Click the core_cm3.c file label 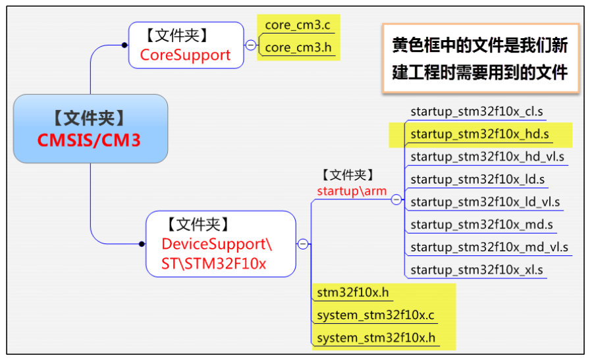click(x=296, y=25)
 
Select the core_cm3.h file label click(x=296, y=47)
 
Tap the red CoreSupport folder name click(x=185, y=55)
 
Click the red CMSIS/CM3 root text click(x=90, y=140)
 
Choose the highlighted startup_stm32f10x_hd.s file click(x=479, y=134)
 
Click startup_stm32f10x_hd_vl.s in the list click(x=487, y=157)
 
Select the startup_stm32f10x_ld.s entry click(x=477, y=179)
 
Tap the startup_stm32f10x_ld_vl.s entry click(x=485, y=201)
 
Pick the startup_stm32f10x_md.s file click(x=481, y=224)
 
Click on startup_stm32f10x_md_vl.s click(x=489, y=247)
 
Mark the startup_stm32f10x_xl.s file click(x=476, y=270)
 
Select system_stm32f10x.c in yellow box click(x=375, y=315)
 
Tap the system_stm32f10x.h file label click(x=375, y=338)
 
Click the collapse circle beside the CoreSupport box click(x=250, y=45)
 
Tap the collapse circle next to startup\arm click(x=396, y=199)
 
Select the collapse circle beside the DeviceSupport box click(x=303, y=244)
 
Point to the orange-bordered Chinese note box click(x=480, y=58)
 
